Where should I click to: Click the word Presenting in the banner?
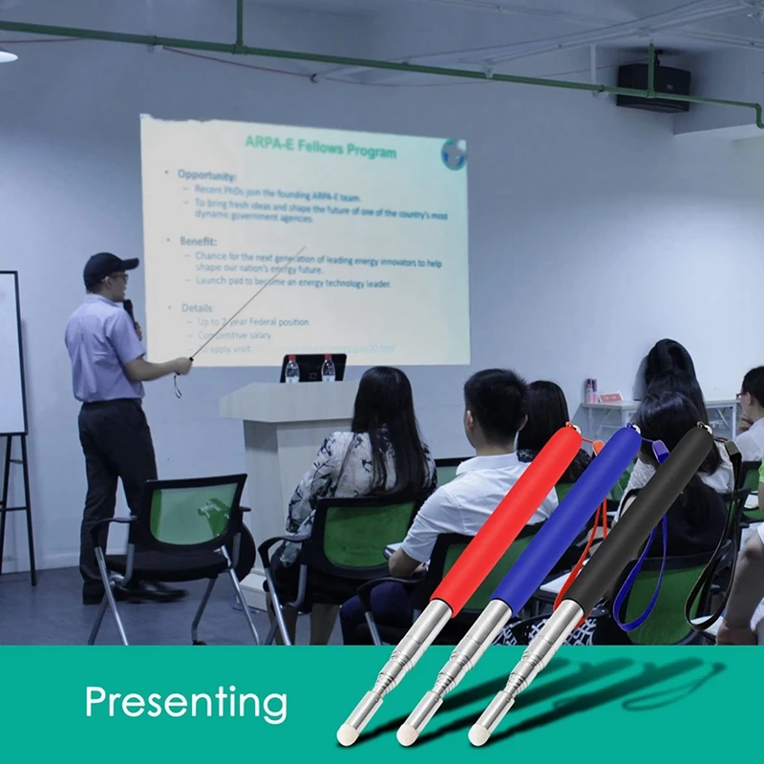(x=185, y=704)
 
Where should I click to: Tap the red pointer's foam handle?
(x=506, y=520)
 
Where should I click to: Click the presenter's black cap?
(x=108, y=266)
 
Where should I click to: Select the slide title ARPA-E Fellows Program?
(x=320, y=146)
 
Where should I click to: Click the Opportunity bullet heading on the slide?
(x=206, y=175)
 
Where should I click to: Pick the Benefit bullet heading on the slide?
(x=198, y=242)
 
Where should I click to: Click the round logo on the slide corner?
(x=453, y=153)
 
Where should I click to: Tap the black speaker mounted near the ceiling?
(x=652, y=87)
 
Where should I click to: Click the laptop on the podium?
(x=312, y=369)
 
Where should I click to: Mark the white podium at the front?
(x=282, y=449)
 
